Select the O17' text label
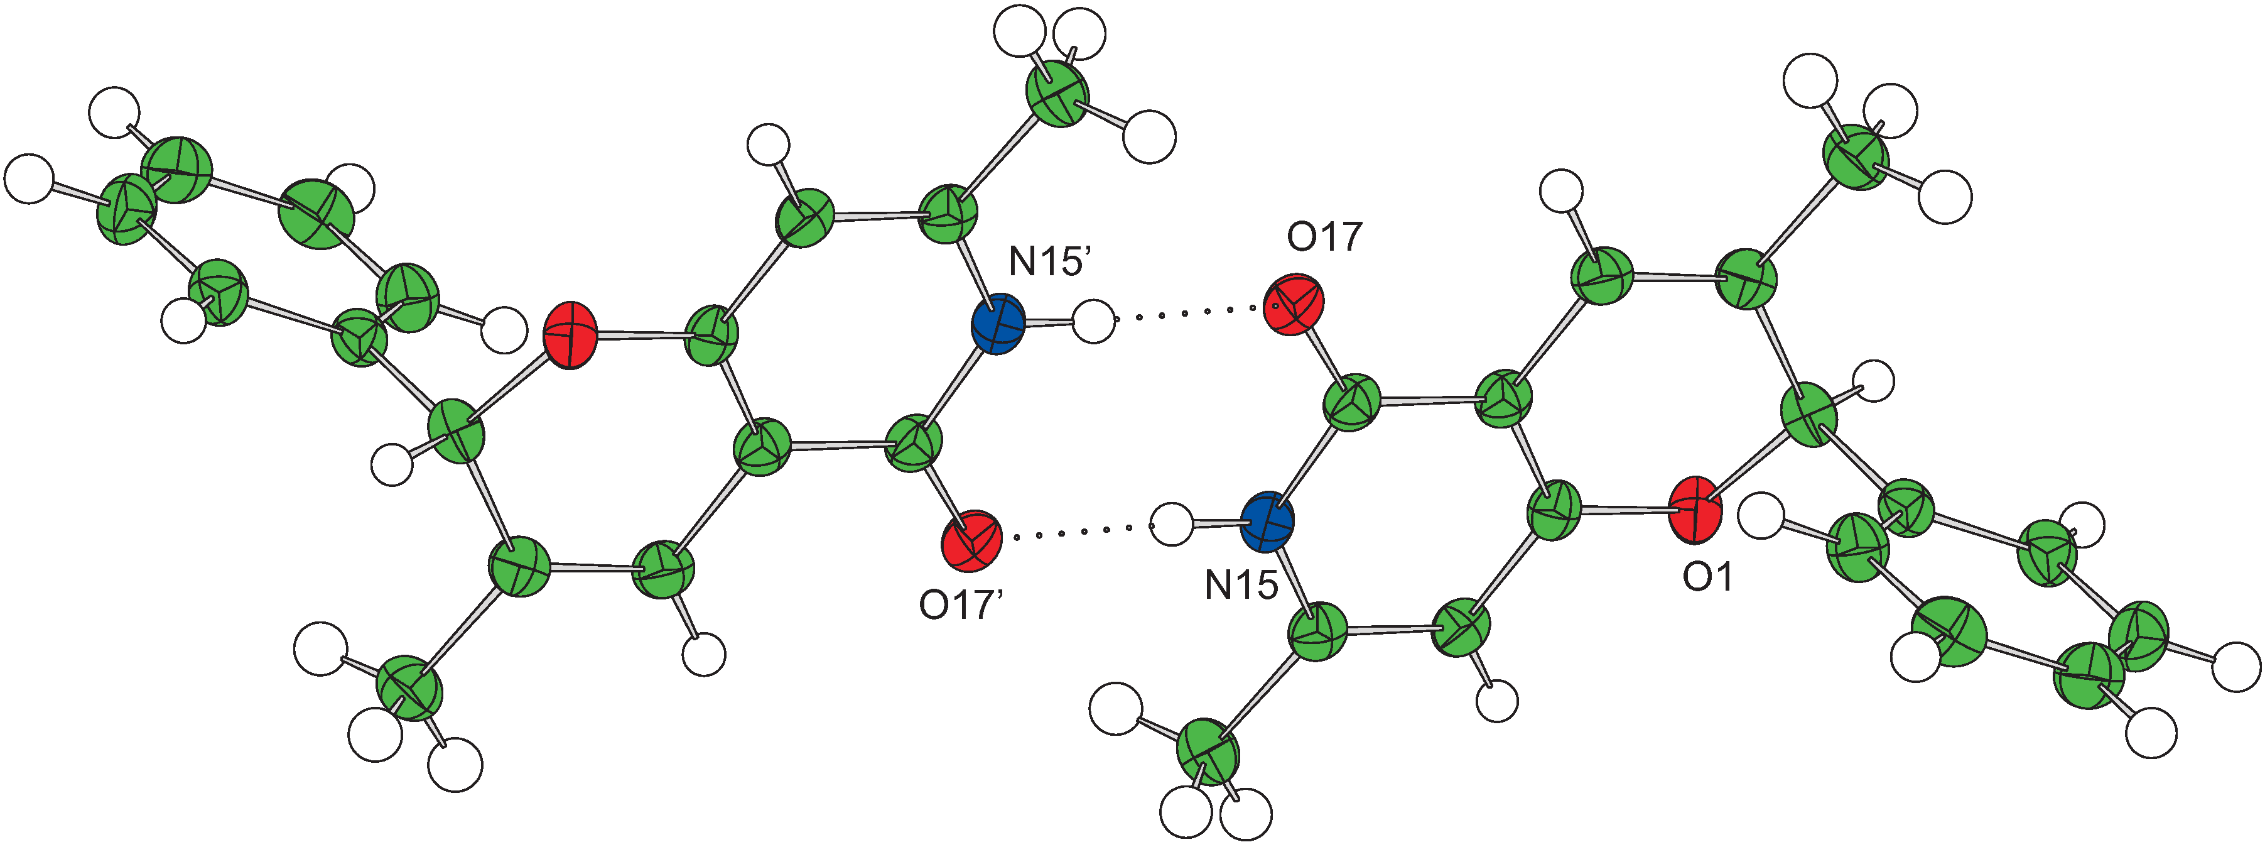click(x=961, y=605)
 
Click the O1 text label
click(x=1707, y=577)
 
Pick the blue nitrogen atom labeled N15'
click(x=998, y=325)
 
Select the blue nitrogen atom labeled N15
click(x=1267, y=522)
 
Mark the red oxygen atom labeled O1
click(x=1694, y=509)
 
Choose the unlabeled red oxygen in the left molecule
click(x=570, y=335)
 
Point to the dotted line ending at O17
click(x=1187, y=312)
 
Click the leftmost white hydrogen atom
click(x=29, y=178)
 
